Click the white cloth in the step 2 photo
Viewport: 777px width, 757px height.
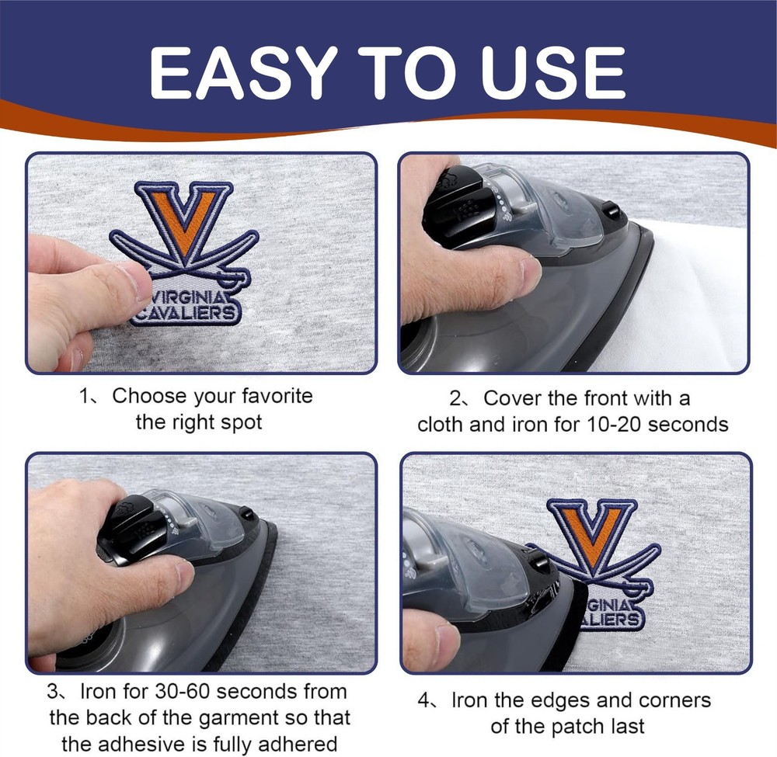(x=699, y=295)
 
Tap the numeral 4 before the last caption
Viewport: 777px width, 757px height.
(x=424, y=700)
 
